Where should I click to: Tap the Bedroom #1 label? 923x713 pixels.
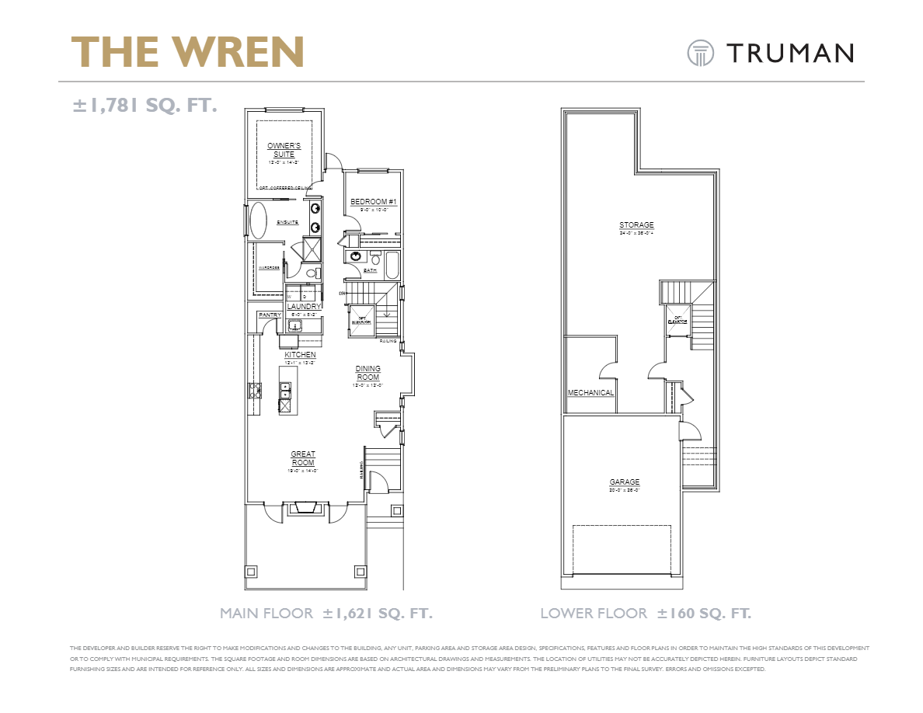click(374, 203)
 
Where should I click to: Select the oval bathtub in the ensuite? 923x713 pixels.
click(258, 221)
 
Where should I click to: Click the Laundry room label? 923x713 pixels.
click(304, 307)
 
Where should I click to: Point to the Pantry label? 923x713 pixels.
click(270, 315)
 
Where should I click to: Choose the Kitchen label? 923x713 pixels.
click(299, 355)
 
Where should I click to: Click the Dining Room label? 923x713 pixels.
click(367, 374)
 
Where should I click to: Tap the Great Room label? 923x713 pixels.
click(303, 458)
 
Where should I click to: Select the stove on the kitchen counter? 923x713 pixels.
click(254, 391)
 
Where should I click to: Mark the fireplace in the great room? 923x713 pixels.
click(303, 509)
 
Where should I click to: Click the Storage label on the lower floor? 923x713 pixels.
click(636, 225)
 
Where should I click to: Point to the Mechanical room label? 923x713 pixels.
click(590, 393)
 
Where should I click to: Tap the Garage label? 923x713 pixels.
click(624, 482)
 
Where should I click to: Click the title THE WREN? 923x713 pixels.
click(188, 52)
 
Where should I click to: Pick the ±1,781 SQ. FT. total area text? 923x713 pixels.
click(145, 105)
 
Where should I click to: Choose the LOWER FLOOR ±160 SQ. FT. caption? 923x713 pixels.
click(646, 614)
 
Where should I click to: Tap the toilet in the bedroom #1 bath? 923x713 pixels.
click(374, 259)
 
